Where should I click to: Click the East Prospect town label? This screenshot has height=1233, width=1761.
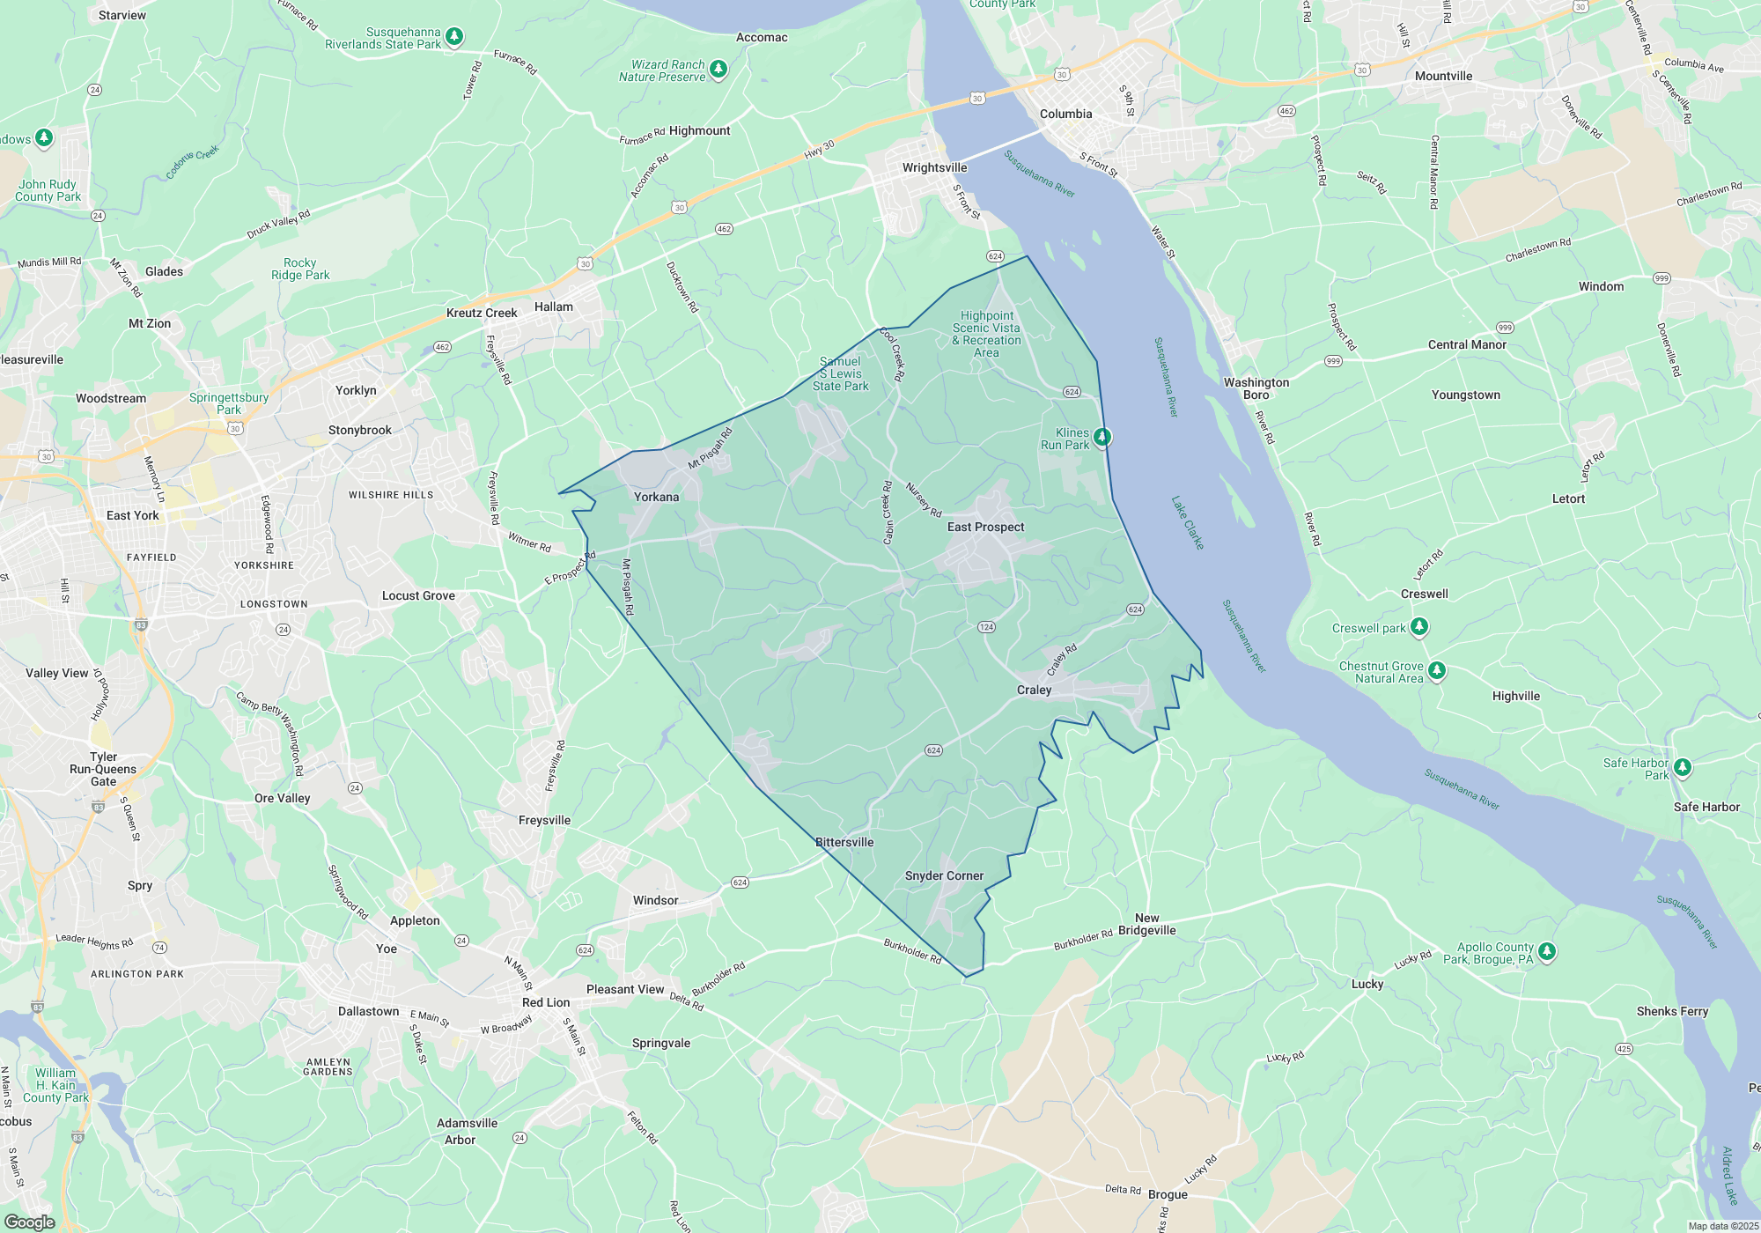pyautogui.click(x=985, y=527)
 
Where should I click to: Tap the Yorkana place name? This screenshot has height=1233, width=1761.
pyautogui.click(x=656, y=497)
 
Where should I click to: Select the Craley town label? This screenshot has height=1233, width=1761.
pyautogui.click(x=1034, y=690)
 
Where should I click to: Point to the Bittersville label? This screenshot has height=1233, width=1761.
pyautogui.click(x=844, y=842)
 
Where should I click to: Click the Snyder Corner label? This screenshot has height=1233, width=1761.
pyautogui.click(x=944, y=875)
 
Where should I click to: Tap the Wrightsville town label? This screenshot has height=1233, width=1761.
pyautogui.click(x=934, y=167)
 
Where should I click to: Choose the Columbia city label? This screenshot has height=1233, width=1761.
pyautogui.click(x=1065, y=114)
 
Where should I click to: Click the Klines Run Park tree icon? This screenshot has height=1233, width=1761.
pyautogui.click(x=1102, y=437)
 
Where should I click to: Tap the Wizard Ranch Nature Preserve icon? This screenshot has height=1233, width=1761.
pyautogui.click(x=718, y=69)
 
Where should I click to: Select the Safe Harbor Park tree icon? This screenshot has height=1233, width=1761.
pyautogui.click(x=1682, y=767)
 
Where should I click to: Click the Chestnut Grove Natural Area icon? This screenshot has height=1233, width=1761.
pyautogui.click(x=1437, y=671)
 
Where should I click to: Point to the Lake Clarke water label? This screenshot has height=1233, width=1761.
pyautogui.click(x=1187, y=522)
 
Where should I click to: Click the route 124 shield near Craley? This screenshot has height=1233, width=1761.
pyautogui.click(x=986, y=627)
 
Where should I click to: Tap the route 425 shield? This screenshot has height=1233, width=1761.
pyautogui.click(x=1624, y=1049)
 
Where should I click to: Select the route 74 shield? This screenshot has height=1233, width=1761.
pyautogui.click(x=159, y=948)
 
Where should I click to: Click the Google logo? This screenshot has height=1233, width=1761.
pyautogui.click(x=30, y=1222)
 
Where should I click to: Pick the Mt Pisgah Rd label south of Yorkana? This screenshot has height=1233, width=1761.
pyautogui.click(x=628, y=587)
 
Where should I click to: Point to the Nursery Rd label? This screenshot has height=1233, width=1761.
pyautogui.click(x=924, y=499)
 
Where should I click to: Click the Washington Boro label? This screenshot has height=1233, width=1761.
pyautogui.click(x=1256, y=388)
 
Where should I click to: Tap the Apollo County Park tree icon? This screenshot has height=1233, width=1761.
pyautogui.click(x=1547, y=951)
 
